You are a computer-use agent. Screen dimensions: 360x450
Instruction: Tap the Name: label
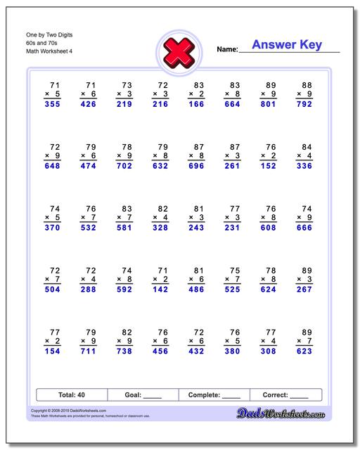click(227, 50)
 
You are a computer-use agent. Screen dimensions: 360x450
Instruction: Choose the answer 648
click(51, 167)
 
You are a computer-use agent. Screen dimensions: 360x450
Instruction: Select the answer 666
click(303, 228)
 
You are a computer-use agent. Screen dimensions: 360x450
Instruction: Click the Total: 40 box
click(71, 395)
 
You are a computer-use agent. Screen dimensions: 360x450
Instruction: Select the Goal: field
click(143, 395)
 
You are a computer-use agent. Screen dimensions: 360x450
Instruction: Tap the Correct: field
click(285, 395)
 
